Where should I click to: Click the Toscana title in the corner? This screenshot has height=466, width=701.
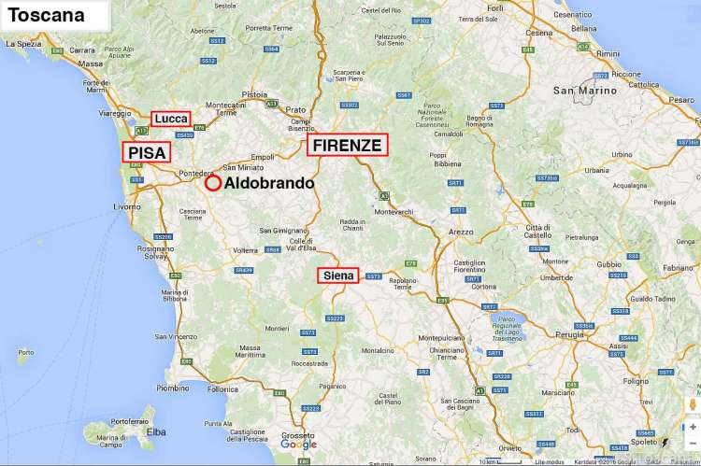tap(47, 15)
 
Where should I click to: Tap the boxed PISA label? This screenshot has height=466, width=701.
tap(147, 152)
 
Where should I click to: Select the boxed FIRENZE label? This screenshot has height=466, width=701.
tap(347, 145)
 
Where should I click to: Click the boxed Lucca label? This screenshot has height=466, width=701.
tap(171, 119)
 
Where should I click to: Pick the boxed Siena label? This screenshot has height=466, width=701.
tap(337, 275)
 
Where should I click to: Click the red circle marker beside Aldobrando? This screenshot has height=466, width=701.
tap(213, 183)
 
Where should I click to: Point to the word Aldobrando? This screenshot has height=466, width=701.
tap(269, 184)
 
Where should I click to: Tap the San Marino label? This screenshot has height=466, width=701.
tap(585, 91)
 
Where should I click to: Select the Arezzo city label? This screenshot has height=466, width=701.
tap(461, 231)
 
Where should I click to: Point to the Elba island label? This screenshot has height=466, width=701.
tap(155, 431)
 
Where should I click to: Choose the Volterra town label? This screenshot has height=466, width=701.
tap(245, 250)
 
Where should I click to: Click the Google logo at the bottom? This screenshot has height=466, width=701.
tap(298, 445)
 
